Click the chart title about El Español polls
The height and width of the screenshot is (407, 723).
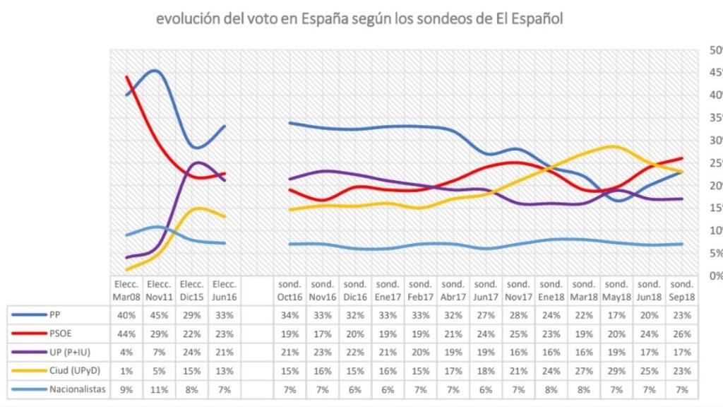click(361, 19)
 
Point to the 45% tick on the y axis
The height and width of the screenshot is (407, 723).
click(714, 72)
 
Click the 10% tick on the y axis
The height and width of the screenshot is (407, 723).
click(714, 230)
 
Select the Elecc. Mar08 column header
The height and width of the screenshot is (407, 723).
click(126, 290)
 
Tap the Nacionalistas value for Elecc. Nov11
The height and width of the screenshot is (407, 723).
click(159, 389)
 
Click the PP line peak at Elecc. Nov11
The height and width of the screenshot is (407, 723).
click(155, 71)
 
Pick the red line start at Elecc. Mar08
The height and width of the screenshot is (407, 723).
click(126, 76)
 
